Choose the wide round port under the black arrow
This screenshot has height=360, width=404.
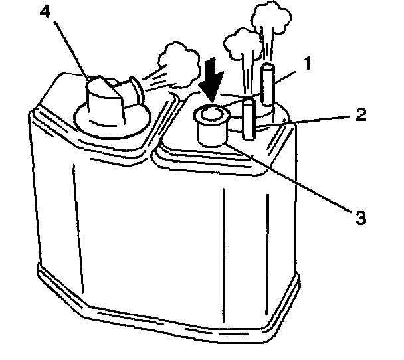pyautogui.click(x=212, y=130)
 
